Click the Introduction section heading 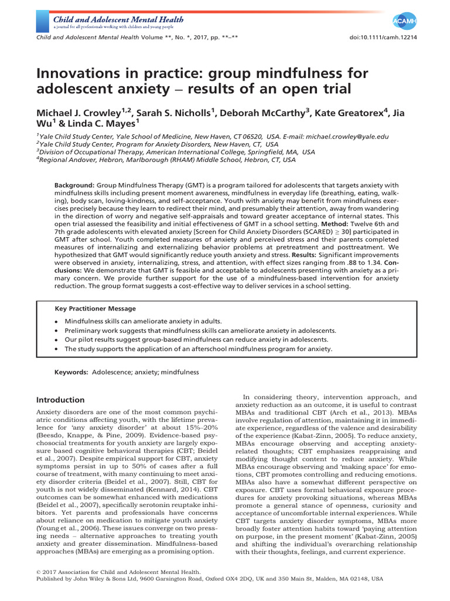click(x=60, y=400)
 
